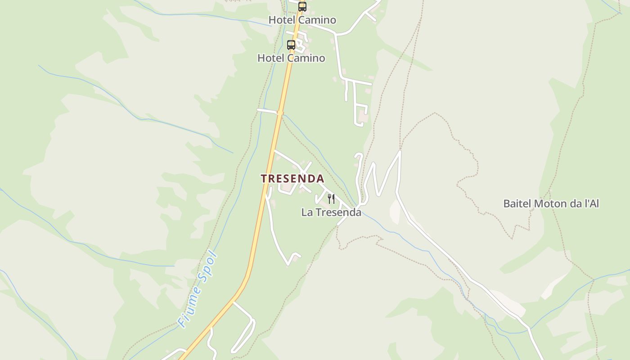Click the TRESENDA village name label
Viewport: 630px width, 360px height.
[x=292, y=179]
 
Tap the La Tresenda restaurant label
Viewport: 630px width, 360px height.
[x=331, y=212]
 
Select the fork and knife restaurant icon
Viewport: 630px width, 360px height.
[x=331, y=198]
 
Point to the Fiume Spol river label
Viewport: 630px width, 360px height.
[x=198, y=289]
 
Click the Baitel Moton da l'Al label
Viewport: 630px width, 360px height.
[x=551, y=203]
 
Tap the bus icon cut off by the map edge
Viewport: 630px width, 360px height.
[x=302, y=6]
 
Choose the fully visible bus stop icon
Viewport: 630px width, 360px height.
[x=291, y=45]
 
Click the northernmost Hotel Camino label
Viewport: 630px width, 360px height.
[x=302, y=20]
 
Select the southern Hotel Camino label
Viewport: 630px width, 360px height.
[x=291, y=58]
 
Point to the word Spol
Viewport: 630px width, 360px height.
[x=208, y=267]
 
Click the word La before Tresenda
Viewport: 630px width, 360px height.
[x=307, y=212]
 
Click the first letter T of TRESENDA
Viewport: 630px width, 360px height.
[x=264, y=179]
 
